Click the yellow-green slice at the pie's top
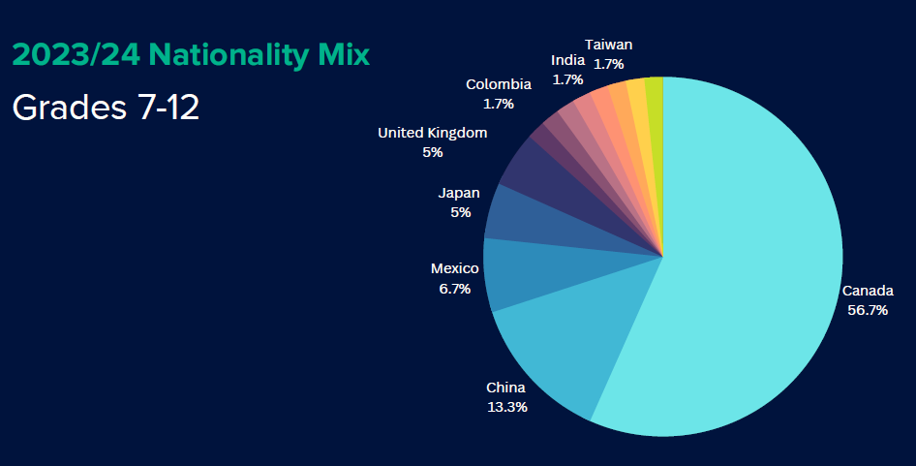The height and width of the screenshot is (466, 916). tap(656, 117)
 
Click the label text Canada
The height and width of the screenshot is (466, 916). tap(868, 291)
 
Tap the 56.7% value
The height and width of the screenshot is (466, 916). tap(868, 310)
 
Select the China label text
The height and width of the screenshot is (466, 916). tap(505, 388)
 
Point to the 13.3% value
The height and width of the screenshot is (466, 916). tap(507, 406)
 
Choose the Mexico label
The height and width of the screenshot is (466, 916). tap(454, 268)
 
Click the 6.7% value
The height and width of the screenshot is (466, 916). tap(454, 289)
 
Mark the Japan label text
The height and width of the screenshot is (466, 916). tap(459, 193)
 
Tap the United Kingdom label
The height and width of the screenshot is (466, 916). tap(432, 133)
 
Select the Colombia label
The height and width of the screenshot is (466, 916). tap(499, 84)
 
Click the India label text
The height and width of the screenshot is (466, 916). tap(567, 60)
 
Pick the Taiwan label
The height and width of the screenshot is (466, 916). tap(609, 45)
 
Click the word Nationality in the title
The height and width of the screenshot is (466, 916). tap(229, 55)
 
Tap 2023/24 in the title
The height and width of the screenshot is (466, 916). tap(76, 55)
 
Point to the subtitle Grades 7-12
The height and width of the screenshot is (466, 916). tap(106, 108)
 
